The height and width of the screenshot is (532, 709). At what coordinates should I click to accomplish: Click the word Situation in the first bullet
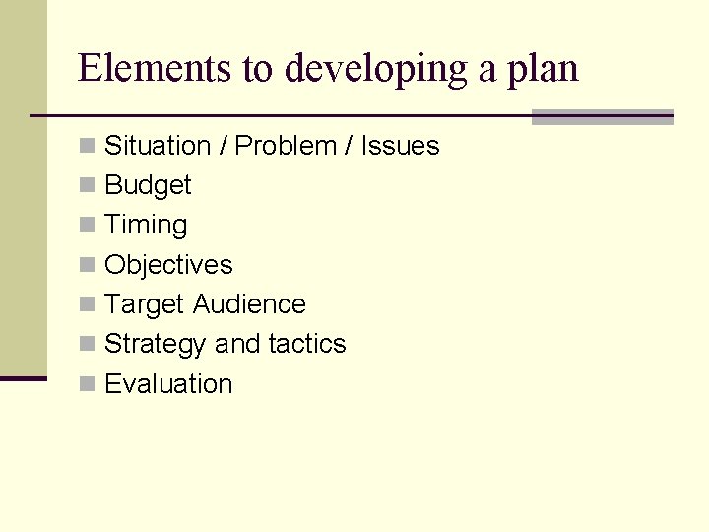coord(158,146)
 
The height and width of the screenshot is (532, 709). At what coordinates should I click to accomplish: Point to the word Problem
coord(286,146)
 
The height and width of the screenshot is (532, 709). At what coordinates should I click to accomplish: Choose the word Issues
coord(400,146)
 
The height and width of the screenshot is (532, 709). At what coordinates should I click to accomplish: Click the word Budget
coord(148,186)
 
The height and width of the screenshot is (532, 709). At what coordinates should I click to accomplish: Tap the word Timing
coord(146,226)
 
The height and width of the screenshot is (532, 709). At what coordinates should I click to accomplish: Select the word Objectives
coord(168,265)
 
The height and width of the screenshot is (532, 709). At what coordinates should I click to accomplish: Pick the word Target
coord(145,305)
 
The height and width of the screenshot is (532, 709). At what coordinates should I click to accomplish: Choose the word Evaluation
coord(168,384)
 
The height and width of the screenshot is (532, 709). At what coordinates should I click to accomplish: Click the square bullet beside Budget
coord(88,186)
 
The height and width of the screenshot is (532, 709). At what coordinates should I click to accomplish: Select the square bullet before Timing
coord(88,226)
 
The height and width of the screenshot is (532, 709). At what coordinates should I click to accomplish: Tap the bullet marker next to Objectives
coord(88,266)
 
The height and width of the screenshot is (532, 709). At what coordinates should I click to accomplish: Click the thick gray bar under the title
coord(602,117)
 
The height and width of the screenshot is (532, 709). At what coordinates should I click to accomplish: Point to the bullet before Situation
coord(88,147)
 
